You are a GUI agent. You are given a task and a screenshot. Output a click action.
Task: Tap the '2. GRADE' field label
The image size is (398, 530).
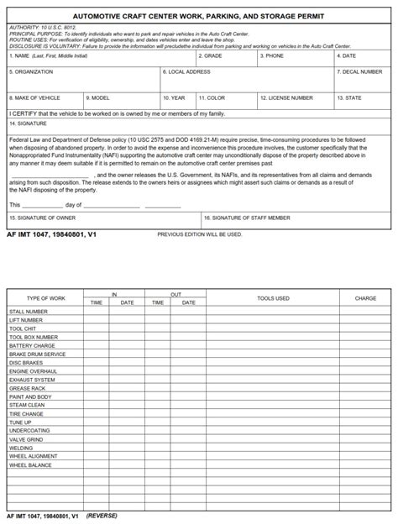click(x=211, y=56)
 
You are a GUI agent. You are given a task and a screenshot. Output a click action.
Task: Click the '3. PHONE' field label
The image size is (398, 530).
click(x=272, y=56)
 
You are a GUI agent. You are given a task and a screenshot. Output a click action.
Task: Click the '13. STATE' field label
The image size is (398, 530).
click(x=349, y=98)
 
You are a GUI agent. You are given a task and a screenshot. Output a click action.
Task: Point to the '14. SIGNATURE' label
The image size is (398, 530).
click(x=28, y=123)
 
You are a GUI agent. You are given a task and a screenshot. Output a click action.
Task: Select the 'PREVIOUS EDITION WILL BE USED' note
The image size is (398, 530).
click(x=199, y=234)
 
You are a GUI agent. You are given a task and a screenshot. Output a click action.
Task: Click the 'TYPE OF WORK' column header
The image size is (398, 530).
click(x=45, y=298)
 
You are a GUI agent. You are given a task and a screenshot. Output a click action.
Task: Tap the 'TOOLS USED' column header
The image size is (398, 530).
click(x=273, y=298)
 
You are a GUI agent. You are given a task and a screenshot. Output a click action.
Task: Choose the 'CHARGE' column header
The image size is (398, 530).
click(x=365, y=298)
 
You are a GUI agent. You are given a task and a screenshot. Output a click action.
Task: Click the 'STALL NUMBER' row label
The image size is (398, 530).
click(x=29, y=312)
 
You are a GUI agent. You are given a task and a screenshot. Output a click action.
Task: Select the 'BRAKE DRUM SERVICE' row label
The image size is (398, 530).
click(x=37, y=354)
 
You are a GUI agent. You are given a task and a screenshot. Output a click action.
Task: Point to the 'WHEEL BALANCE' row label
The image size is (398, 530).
click(x=30, y=465)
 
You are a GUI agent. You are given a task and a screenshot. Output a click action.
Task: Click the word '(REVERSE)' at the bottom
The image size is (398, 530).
click(x=102, y=516)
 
